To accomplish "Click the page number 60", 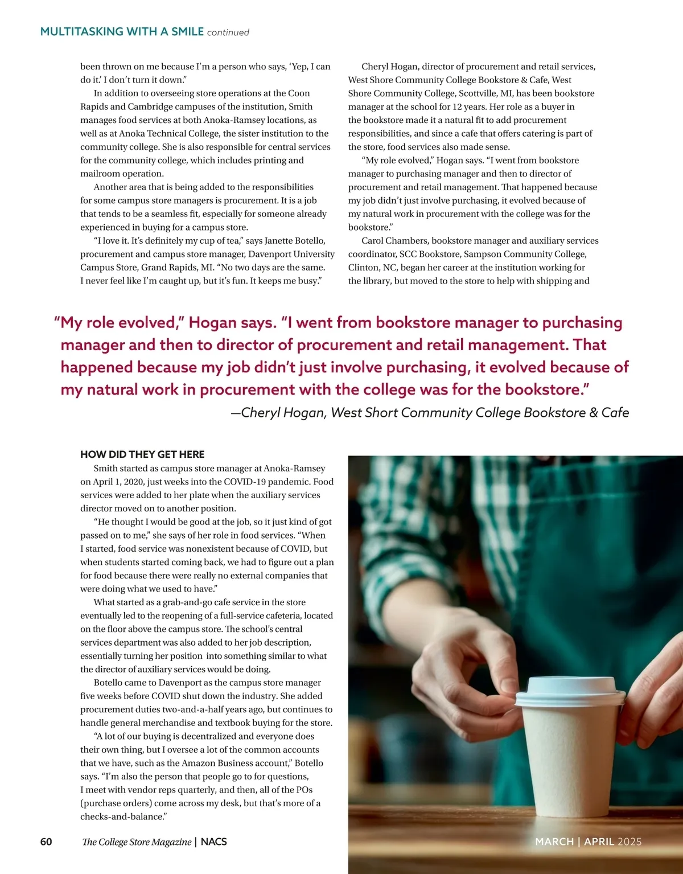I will pyautogui.click(x=46, y=842).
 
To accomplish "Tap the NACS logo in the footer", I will pyautogui.click(x=214, y=842).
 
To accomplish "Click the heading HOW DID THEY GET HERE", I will pyautogui.click(x=142, y=454).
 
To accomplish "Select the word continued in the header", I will pyautogui.click(x=228, y=32).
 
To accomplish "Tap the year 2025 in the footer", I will pyautogui.click(x=629, y=842).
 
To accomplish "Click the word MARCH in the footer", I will pyautogui.click(x=554, y=842).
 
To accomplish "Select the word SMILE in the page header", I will pyautogui.click(x=187, y=32).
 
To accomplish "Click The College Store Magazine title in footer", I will pyautogui.click(x=137, y=842).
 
